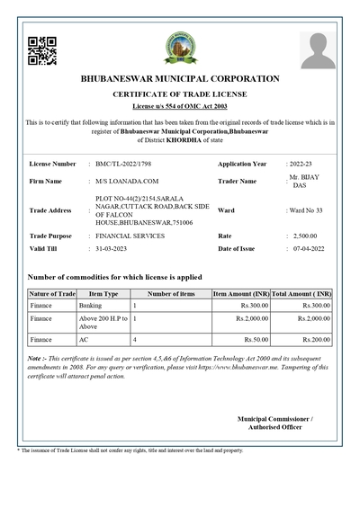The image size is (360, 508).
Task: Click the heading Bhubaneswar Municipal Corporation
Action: [x=180, y=78]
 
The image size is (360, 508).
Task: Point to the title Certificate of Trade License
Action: [x=180, y=94]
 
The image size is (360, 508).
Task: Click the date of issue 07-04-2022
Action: [x=311, y=247]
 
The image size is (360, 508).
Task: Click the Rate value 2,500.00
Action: [x=305, y=236]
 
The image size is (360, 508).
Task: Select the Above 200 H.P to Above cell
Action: [x=102, y=323]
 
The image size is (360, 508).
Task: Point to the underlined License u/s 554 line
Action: [x=180, y=106]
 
